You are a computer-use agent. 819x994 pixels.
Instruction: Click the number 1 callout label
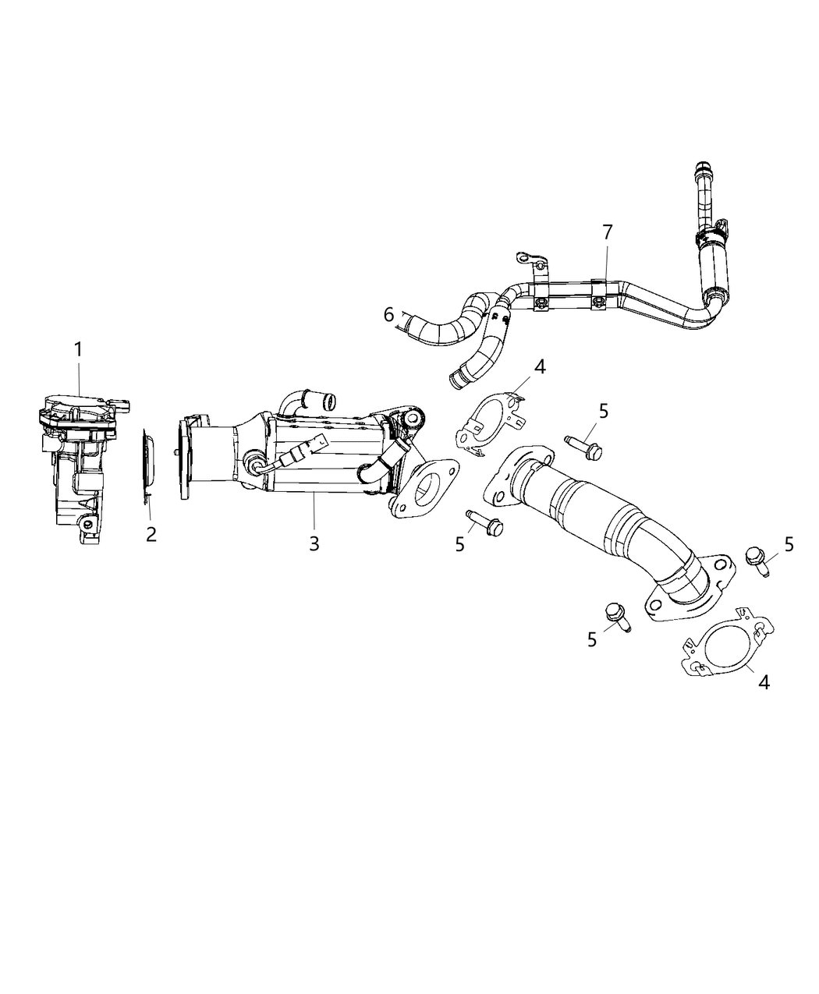click(78, 349)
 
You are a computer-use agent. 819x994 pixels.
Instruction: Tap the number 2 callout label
click(151, 534)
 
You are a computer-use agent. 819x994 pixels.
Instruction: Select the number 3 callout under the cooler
click(314, 543)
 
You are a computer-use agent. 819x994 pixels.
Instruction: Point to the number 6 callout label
click(388, 314)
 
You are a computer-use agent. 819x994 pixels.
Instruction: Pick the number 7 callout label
click(607, 232)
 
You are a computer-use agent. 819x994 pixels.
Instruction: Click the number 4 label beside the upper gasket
click(540, 366)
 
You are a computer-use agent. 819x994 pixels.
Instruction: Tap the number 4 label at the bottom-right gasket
click(764, 681)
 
